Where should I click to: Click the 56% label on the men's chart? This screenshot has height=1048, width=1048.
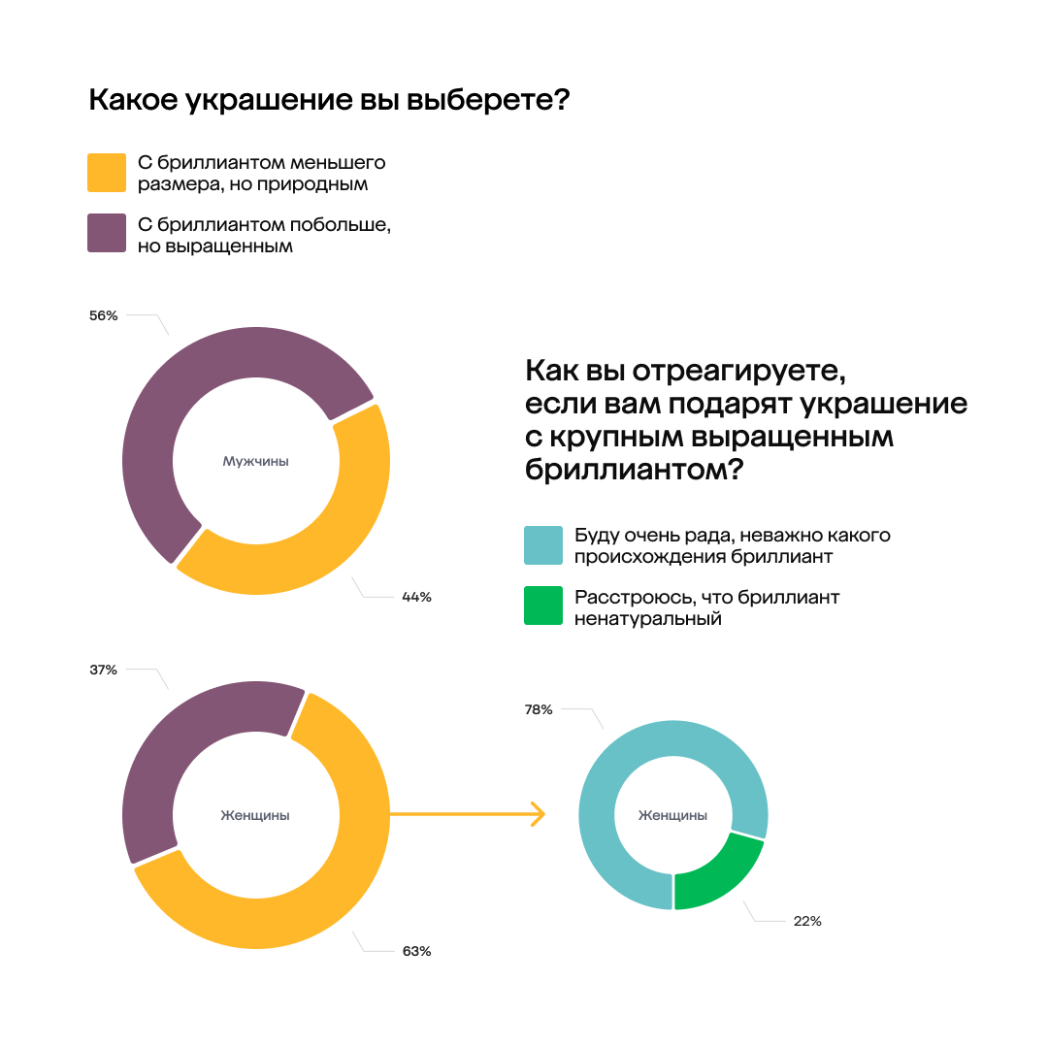[x=103, y=315]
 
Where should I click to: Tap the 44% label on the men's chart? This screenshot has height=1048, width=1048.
[x=416, y=598]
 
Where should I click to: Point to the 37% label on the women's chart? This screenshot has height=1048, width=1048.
[x=103, y=670]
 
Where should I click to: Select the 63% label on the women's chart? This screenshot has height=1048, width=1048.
[x=416, y=951]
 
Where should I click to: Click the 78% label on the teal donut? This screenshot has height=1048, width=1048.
[x=539, y=709]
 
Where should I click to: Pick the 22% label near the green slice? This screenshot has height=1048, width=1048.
[x=807, y=921]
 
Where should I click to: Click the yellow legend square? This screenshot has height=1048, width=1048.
[x=107, y=173]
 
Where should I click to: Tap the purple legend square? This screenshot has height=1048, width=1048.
[x=107, y=234]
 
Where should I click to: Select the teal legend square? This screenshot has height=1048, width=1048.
[x=543, y=545]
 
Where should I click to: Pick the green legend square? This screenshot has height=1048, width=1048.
[x=543, y=606]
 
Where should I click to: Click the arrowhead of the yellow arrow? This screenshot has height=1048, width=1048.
[x=537, y=814]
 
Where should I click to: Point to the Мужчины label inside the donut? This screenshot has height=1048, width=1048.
[x=256, y=462]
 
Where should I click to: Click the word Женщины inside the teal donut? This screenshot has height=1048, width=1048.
[x=672, y=815]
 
